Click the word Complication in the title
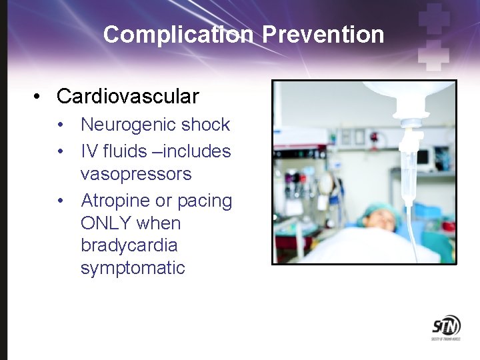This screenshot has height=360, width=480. point(177,35)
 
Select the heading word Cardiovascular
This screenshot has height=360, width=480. point(127,97)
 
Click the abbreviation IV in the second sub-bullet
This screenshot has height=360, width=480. point(89,151)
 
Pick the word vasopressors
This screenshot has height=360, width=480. point(135,174)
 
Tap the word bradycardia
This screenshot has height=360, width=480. point(129,245)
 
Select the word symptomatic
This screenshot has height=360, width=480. point(132,268)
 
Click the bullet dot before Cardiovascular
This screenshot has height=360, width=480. point(39,97)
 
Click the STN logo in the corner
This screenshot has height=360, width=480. point(445,327)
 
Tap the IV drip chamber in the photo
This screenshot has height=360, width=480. point(408,171)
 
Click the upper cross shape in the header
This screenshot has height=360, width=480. point(434,18)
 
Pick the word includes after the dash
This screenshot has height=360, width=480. point(197,151)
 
